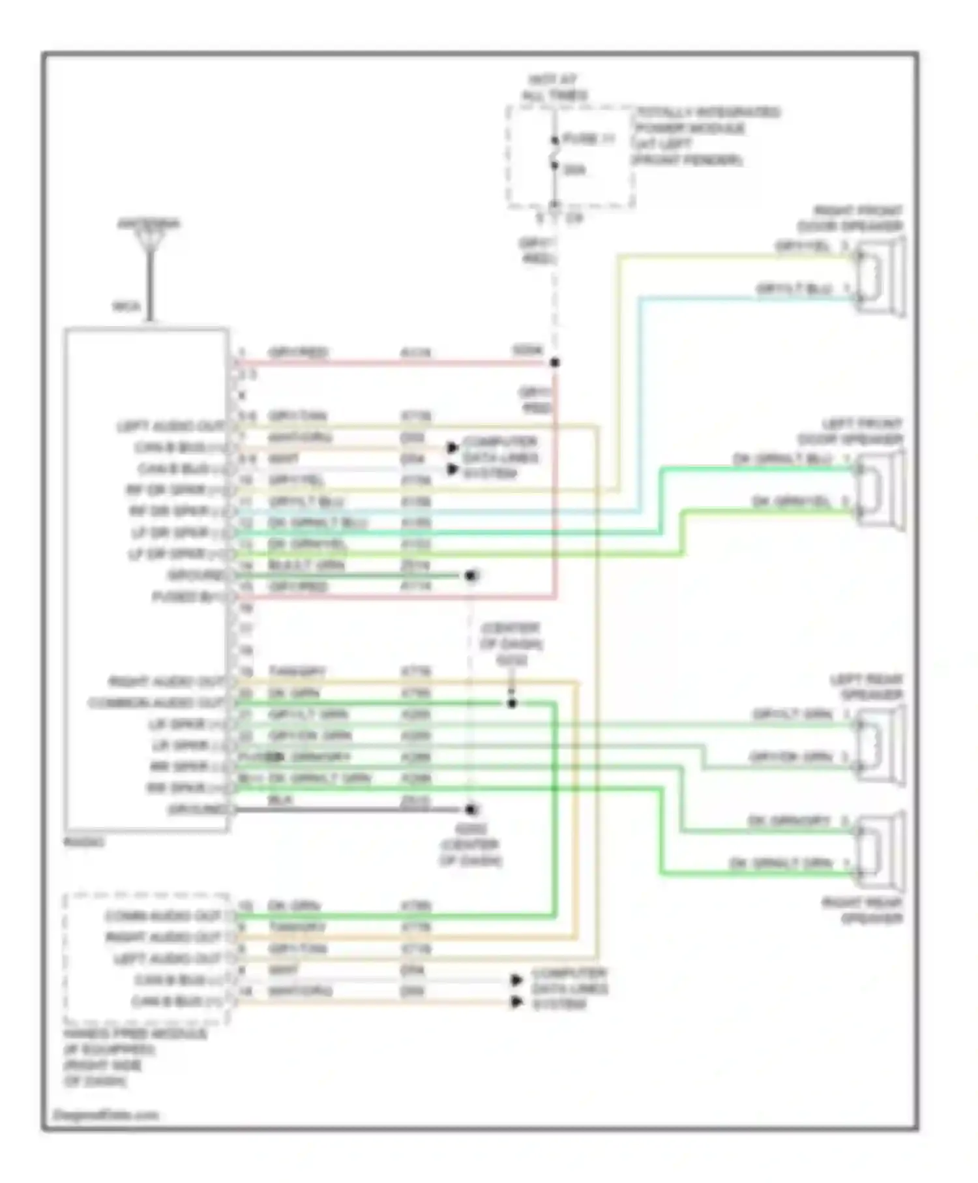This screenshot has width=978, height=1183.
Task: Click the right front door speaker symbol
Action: pos(880,277)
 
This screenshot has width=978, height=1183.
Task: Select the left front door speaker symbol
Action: pos(880,490)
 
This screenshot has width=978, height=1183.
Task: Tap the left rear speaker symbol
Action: pos(880,745)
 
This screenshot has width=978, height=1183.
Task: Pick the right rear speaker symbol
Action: pos(880,850)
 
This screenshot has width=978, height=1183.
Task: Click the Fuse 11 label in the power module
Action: pos(587,139)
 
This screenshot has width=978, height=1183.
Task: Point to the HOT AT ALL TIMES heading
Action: pos(554,87)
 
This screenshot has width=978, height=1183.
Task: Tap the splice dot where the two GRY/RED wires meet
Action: pos(555,363)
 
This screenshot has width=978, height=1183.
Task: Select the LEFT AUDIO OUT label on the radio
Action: pos(170,427)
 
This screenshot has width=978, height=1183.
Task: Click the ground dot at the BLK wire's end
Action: pos(471,809)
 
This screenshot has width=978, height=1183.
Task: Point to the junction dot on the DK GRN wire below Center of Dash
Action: pos(512,703)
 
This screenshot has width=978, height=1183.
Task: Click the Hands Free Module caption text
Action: pos(134,1056)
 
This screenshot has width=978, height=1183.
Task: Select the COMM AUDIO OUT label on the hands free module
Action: pos(163,916)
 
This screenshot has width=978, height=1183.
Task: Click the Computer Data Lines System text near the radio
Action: pos(499,457)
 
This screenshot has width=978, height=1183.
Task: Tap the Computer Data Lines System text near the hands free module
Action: pos(569,989)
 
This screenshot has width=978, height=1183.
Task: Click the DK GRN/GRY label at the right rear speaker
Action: pos(789,820)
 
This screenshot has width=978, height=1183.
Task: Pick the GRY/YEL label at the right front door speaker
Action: pos(803,247)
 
